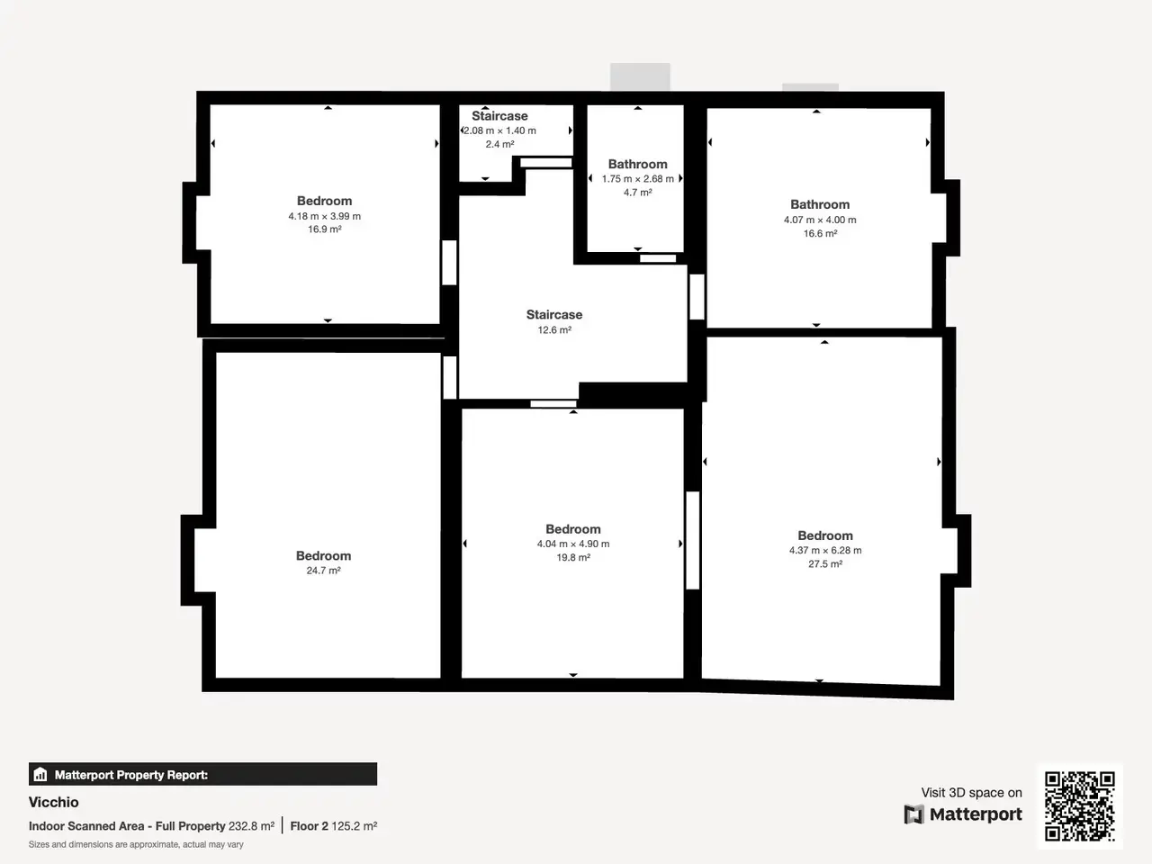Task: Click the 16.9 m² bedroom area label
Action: click(x=324, y=229)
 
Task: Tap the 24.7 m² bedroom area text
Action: click(x=323, y=571)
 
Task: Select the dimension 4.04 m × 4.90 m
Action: click(x=573, y=544)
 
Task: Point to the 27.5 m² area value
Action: click(x=825, y=564)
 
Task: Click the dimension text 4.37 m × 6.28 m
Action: click(x=825, y=550)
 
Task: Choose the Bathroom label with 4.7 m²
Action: click(x=638, y=164)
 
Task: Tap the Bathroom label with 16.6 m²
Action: click(x=820, y=204)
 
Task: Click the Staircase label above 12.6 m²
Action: click(x=554, y=315)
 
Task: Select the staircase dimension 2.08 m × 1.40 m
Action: click(x=499, y=130)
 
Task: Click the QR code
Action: click(x=1080, y=805)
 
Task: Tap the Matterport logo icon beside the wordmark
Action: click(x=913, y=814)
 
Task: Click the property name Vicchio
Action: click(x=53, y=802)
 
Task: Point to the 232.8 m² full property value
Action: click(x=251, y=826)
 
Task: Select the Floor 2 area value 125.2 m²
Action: click(x=355, y=826)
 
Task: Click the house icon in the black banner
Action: click(x=40, y=774)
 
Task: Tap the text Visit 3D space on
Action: click(x=971, y=793)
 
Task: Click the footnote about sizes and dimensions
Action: click(x=136, y=844)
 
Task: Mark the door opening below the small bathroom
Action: click(x=658, y=258)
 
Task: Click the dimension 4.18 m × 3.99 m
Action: click(x=324, y=216)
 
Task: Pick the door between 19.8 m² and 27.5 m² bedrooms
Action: click(x=693, y=540)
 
